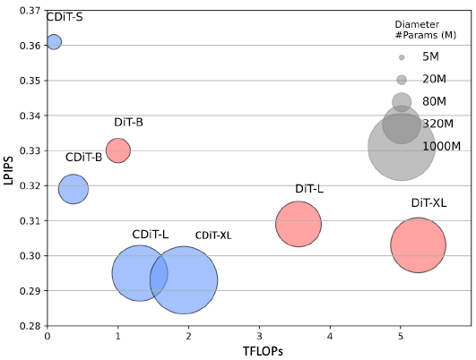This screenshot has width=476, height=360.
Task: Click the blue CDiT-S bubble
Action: [54, 42]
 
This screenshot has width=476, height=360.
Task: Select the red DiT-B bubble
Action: [118, 150]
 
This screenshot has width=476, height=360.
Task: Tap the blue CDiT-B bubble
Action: [74, 189]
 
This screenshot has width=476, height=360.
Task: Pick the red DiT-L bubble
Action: [299, 224]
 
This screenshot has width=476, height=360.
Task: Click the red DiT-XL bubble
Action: [418, 245]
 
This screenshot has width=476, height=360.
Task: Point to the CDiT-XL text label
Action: [213, 236]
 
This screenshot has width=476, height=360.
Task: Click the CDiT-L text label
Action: [151, 234]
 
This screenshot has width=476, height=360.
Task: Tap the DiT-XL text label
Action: [428, 202]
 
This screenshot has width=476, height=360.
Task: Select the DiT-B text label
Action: [128, 122]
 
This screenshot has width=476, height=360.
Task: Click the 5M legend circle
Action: [402, 57]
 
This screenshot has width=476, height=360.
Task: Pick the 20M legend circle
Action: [402, 80]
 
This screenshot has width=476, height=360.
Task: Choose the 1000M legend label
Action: [442, 147]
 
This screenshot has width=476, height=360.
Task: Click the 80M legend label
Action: [434, 101]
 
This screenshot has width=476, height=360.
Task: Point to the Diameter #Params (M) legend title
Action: [425, 30]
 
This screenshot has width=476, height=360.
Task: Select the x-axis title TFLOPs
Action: [263, 351]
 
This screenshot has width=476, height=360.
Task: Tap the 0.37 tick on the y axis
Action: [30, 11]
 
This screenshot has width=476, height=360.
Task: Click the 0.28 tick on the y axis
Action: [30, 326]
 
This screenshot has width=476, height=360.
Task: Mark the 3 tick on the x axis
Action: [259, 336]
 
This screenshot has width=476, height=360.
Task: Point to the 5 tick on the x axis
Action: [401, 336]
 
